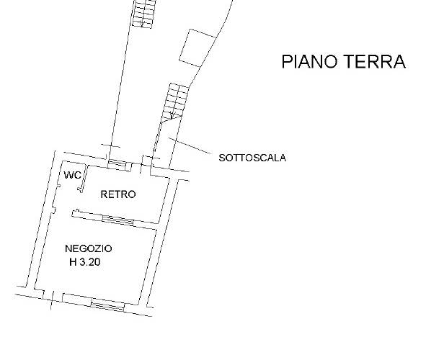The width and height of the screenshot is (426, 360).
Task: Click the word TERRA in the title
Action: (376, 61)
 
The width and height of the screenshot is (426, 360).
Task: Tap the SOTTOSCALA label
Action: (252, 158)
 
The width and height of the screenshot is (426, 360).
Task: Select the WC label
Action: (72, 175)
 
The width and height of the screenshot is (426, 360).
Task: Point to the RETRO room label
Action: (118, 194)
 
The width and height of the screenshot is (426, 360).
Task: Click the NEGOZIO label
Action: (89, 248)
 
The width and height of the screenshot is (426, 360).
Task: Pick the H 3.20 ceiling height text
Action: (85, 262)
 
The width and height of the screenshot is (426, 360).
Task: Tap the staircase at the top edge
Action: (144, 14)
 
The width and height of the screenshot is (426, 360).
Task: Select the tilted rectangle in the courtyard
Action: (198, 48)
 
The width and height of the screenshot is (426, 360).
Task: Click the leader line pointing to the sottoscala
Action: (190, 145)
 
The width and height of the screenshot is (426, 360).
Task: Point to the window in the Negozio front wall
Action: (107, 305)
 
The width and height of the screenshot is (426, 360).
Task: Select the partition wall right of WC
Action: (84, 179)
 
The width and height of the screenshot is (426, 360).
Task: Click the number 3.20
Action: (90, 262)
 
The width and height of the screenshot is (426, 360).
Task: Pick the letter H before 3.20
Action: (73, 262)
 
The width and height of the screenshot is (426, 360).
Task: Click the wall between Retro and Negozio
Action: (115, 219)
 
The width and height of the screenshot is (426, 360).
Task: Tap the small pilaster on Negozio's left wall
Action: (53, 210)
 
